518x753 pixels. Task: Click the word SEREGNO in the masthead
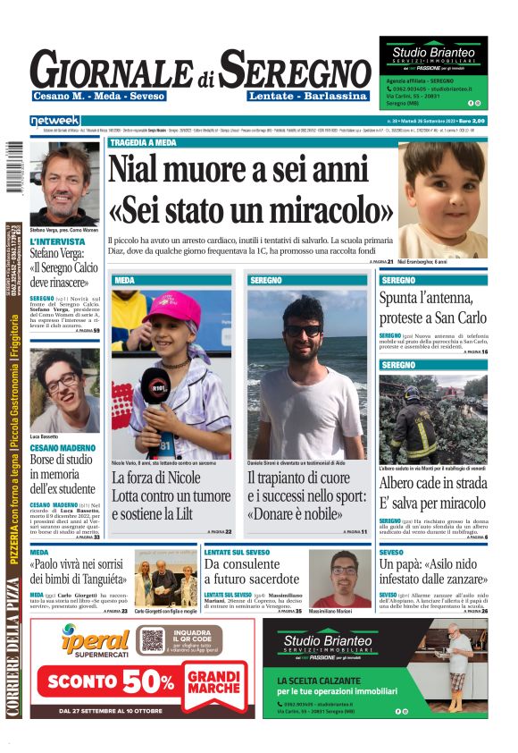tap(295, 70)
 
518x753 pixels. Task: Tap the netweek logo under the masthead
tap(54, 121)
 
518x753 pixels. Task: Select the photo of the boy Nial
tap(443, 199)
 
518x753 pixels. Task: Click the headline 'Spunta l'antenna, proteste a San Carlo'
tap(432, 307)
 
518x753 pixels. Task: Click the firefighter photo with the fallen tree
tap(433, 418)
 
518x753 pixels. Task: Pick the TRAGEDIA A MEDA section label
tap(142, 142)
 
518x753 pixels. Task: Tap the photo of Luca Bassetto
tap(64, 390)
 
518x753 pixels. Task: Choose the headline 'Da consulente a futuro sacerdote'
tap(252, 572)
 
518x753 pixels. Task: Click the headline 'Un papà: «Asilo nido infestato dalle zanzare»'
tap(432, 572)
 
